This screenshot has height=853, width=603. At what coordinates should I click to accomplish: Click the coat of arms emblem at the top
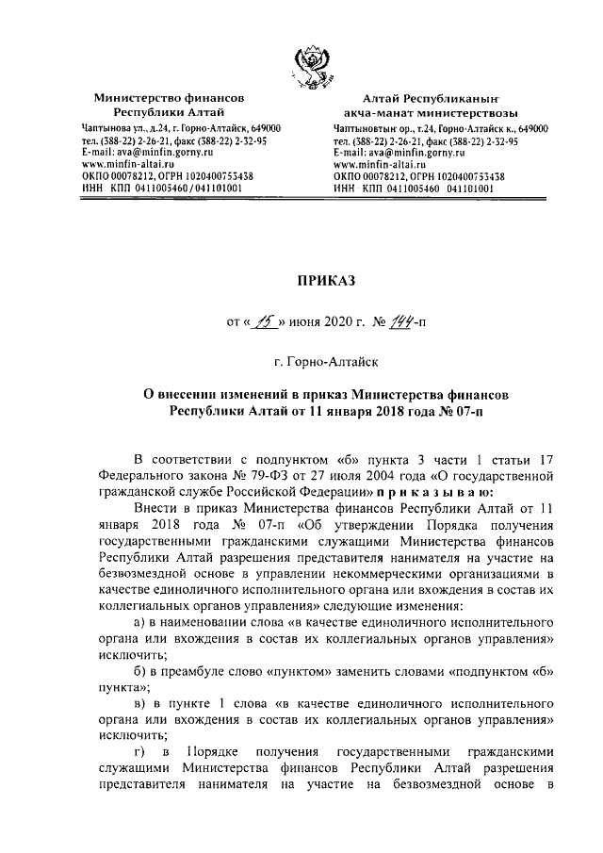point(310,63)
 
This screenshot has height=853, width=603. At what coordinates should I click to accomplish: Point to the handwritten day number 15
point(260,323)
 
